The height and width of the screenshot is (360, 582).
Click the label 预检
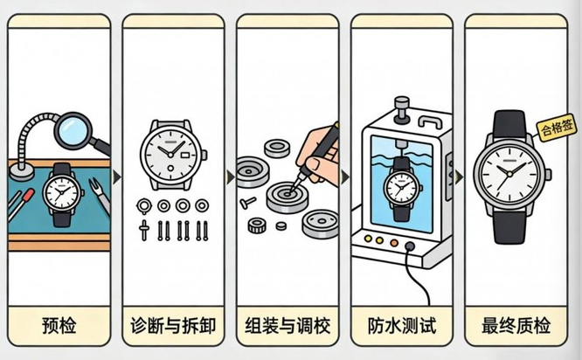[59, 327]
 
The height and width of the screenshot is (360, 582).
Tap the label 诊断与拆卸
[173, 327]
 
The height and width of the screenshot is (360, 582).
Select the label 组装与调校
[288, 327]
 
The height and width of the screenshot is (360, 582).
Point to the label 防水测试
[402, 327]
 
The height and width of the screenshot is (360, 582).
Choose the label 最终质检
[516, 327]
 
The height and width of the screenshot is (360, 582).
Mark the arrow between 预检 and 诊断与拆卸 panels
[116, 177]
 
